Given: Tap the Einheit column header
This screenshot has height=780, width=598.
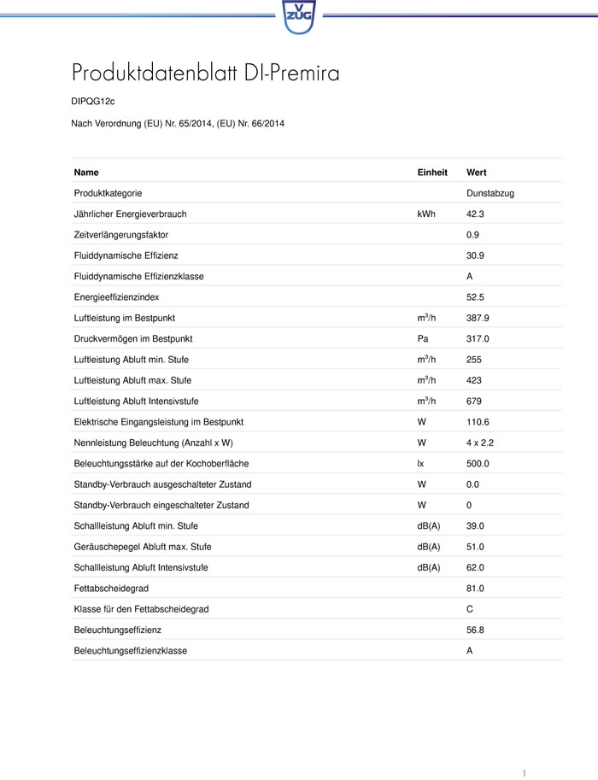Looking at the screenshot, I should click(432, 173).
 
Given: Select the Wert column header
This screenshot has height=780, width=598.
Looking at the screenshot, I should click(477, 173).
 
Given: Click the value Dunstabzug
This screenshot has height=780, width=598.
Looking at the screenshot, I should click(490, 194).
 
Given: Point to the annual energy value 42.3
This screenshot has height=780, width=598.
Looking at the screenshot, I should click(476, 214).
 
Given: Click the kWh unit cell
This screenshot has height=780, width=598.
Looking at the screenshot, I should click(425, 214).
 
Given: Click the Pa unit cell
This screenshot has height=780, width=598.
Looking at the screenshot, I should click(422, 339).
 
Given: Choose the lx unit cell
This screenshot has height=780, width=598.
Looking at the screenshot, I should click(420, 464).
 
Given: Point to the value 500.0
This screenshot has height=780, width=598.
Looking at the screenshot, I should click(478, 464).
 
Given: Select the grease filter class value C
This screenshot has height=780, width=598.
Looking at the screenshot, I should click(470, 609).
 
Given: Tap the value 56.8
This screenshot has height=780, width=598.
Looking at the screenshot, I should click(476, 630).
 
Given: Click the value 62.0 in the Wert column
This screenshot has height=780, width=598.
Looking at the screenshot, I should click(476, 568).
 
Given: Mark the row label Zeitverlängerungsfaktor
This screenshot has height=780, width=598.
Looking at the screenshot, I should click(121, 235).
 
